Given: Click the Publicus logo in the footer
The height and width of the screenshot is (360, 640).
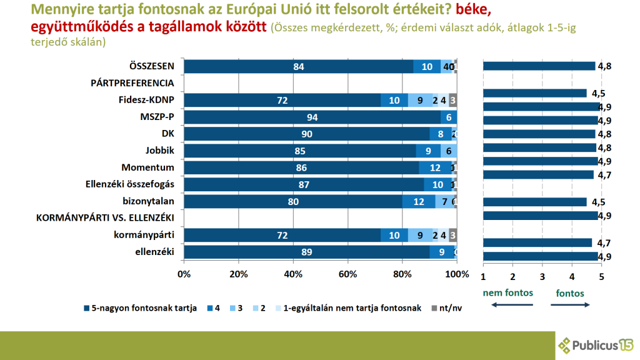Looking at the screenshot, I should (596, 344).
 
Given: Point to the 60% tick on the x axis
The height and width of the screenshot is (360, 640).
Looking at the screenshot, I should (347, 274).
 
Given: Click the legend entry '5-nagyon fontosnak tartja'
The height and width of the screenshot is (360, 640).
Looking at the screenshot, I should (140, 307).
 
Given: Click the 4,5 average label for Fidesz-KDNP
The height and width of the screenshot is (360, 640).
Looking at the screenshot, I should (598, 94).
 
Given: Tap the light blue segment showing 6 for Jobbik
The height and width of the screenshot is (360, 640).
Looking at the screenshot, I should (449, 151).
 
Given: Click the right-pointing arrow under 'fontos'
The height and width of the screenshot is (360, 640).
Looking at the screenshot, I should (571, 304).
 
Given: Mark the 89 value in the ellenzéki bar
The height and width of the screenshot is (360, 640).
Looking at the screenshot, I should (307, 252).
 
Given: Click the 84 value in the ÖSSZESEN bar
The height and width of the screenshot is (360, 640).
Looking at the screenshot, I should (298, 67).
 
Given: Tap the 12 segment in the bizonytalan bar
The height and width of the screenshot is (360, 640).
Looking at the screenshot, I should (419, 201).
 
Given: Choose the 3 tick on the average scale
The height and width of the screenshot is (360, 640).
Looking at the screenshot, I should (542, 276).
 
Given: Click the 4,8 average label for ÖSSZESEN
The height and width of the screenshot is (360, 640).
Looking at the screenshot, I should (604, 66).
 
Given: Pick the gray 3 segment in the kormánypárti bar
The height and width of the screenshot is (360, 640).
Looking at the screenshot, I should (453, 235).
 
